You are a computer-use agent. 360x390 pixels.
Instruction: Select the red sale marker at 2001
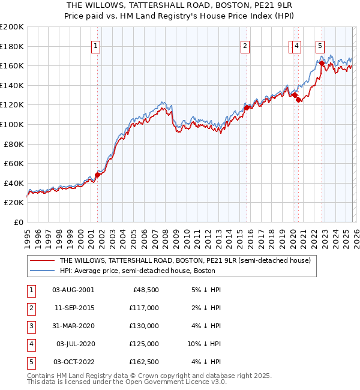point(97,175)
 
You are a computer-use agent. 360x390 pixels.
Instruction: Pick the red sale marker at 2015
point(247,108)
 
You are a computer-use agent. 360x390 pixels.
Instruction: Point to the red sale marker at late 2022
point(322,63)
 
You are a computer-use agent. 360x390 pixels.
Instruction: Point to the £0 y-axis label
point(18,222)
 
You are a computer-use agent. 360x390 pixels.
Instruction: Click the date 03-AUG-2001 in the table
point(73,290)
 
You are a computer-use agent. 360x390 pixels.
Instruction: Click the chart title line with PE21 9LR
point(179,5)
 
